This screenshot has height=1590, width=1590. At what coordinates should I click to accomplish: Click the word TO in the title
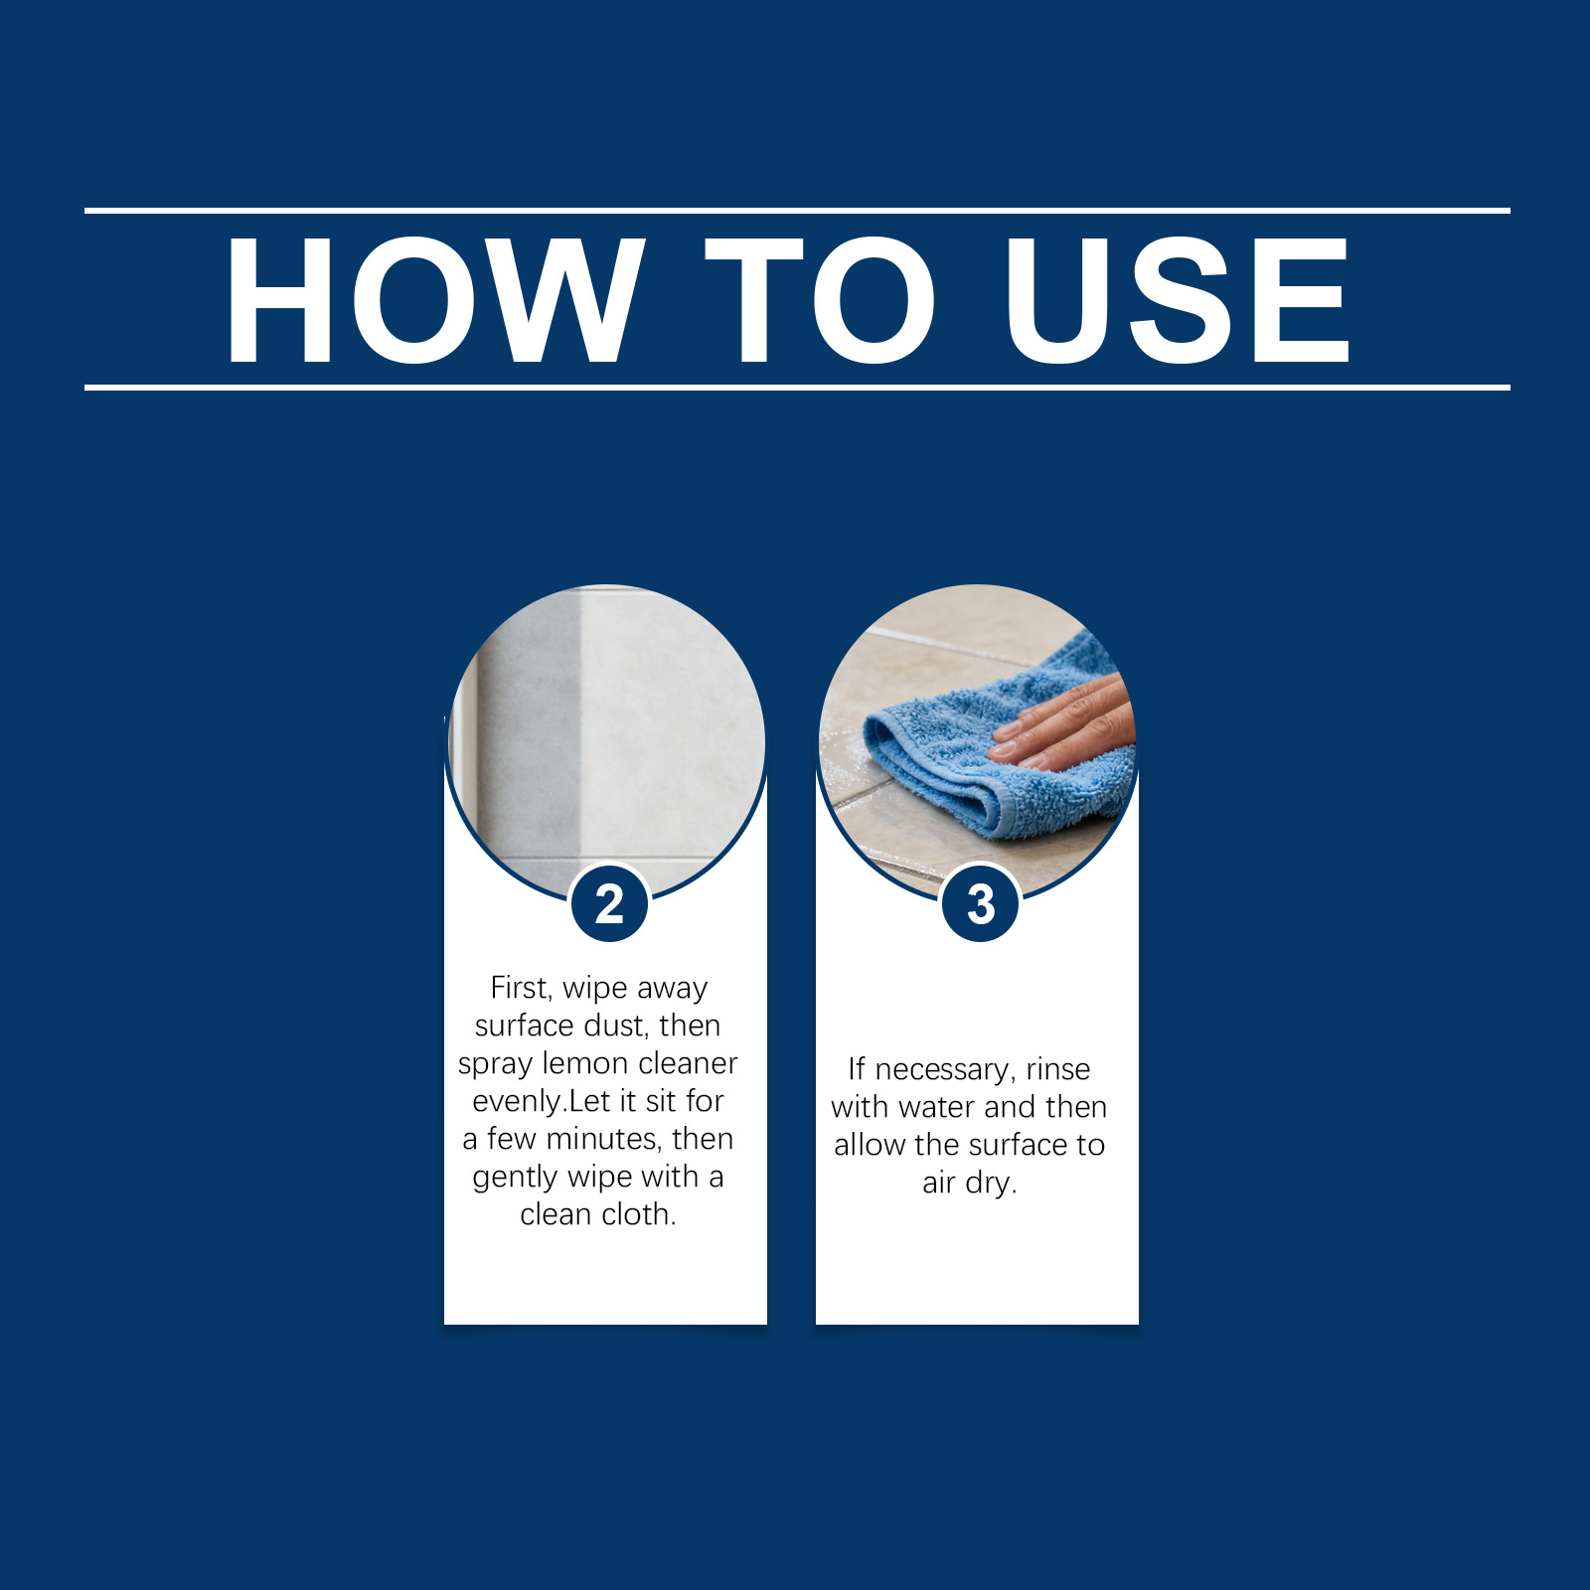(x=821, y=300)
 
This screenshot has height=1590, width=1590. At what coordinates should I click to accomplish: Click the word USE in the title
(x=1178, y=300)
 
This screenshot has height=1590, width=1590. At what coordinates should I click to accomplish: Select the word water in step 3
(x=937, y=1107)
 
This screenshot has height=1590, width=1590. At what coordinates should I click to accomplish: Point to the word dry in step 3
(x=990, y=1184)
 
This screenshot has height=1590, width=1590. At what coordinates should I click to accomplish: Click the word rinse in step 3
(x=1058, y=1069)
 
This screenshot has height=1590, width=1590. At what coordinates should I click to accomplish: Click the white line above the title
(x=797, y=211)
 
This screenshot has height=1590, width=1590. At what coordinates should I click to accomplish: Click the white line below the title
(x=797, y=388)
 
